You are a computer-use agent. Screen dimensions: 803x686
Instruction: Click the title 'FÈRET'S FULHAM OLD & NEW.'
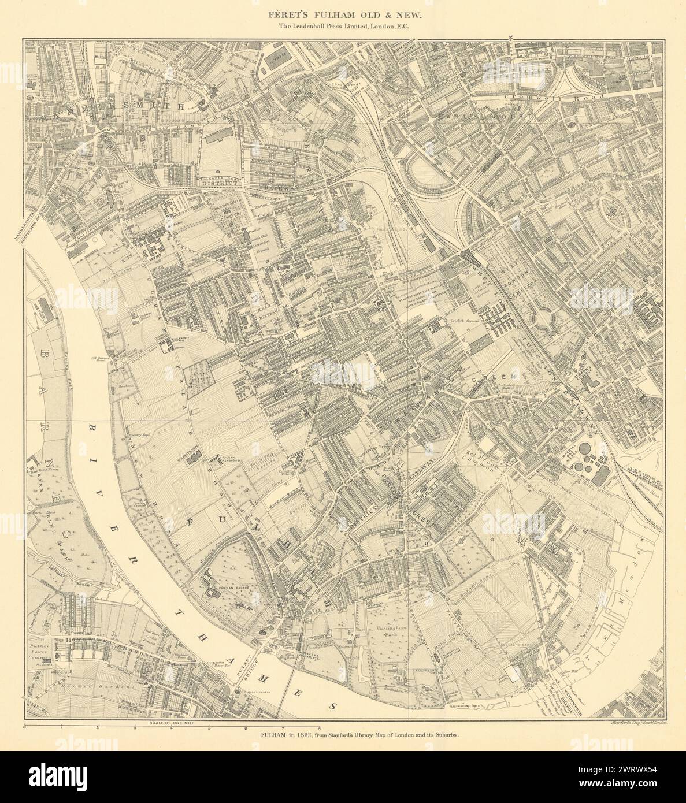[343, 10]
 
